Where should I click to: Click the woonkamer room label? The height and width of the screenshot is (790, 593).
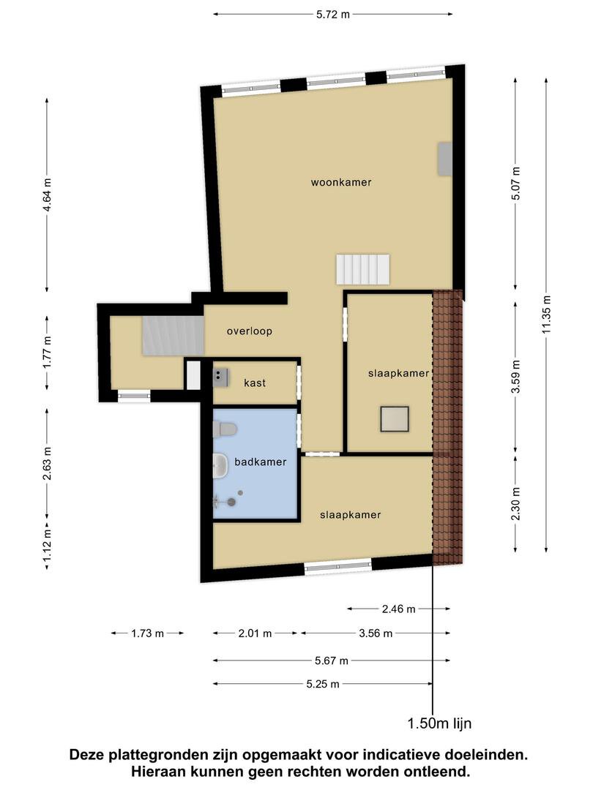[x=341, y=182]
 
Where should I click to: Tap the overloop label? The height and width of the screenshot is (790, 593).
[x=249, y=331]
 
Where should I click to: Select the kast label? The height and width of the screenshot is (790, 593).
[x=255, y=383]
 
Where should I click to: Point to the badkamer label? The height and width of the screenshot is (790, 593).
[x=260, y=462]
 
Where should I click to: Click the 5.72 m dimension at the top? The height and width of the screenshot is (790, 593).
[x=333, y=14]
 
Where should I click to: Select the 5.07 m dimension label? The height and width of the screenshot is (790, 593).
[x=515, y=184]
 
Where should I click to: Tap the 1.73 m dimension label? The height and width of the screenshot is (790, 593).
[x=148, y=633]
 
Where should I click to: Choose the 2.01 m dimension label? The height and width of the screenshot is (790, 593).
[x=256, y=633]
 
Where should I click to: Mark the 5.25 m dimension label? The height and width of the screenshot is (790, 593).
[x=323, y=684]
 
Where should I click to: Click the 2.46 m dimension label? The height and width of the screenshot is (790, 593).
[x=399, y=609]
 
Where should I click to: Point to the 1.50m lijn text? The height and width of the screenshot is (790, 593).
[x=439, y=723]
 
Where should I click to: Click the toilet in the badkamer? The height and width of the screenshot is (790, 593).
[x=225, y=429]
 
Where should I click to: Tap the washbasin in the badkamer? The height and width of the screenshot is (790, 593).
[x=220, y=465]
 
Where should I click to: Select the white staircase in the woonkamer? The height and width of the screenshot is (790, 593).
[x=363, y=269]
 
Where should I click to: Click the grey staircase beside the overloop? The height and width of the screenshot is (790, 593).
[x=174, y=336]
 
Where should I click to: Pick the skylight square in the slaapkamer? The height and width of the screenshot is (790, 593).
[x=395, y=418]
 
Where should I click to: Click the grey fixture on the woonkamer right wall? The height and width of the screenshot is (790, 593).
[x=444, y=159]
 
